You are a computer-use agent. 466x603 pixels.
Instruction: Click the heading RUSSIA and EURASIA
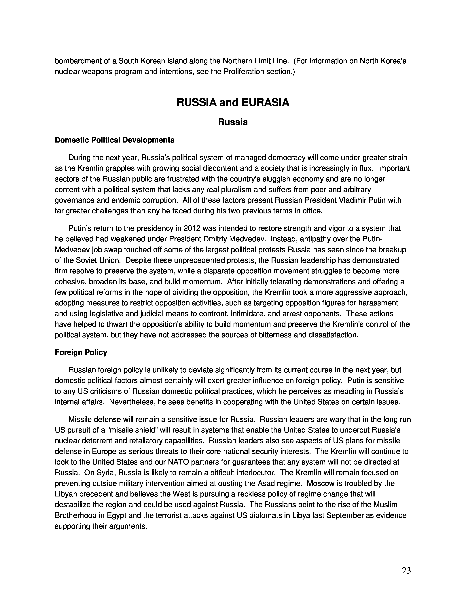click(x=233, y=103)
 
